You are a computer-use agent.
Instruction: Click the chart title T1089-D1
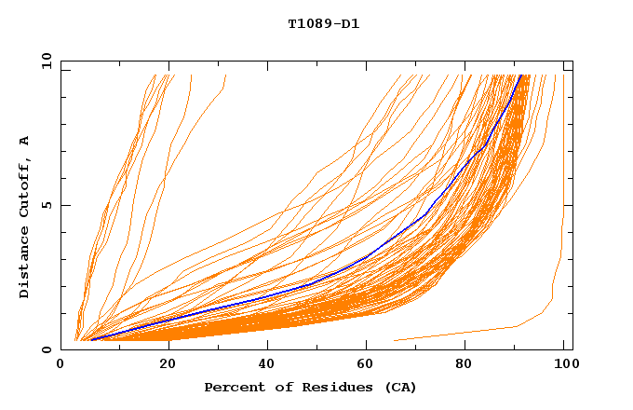tap(323, 23)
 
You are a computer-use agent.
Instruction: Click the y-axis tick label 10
tap(47, 62)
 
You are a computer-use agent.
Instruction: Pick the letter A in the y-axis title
tap(25, 141)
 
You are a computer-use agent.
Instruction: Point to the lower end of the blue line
tap(91, 339)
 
